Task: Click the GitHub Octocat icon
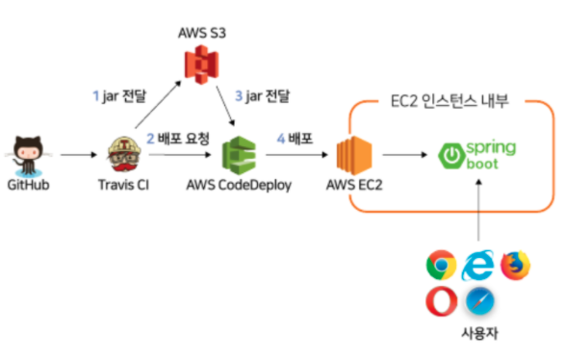(x=28, y=155)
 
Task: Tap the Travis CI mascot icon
(x=124, y=154)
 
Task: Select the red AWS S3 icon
(x=201, y=64)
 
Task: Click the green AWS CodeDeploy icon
(x=239, y=155)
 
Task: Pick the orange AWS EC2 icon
(x=354, y=155)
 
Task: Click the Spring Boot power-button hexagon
(x=450, y=156)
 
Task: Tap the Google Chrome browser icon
(x=441, y=265)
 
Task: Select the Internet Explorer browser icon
(x=477, y=265)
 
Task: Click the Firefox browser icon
(x=516, y=266)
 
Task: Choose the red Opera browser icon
(x=442, y=301)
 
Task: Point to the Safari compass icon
(x=479, y=301)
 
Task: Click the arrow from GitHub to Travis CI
(x=79, y=155)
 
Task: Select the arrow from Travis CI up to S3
(x=158, y=104)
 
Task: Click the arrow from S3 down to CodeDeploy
(x=225, y=106)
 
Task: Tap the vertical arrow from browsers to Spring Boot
(x=478, y=210)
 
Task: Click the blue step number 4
(x=281, y=139)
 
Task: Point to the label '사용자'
(x=479, y=333)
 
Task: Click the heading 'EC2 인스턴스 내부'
(x=450, y=101)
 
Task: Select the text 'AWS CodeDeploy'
(x=239, y=185)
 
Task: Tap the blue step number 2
(x=150, y=139)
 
